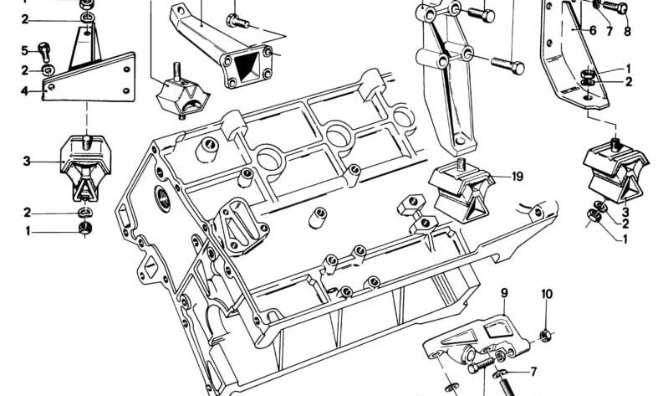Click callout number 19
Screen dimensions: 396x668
(x=517, y=177)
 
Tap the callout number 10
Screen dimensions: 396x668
(x=547, y=294)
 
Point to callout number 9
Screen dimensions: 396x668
(x=504, y=293)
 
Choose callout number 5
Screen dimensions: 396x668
(x=24, y=51)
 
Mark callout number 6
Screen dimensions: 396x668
(x=592, y=30)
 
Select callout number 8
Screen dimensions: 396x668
(x=627, y=32)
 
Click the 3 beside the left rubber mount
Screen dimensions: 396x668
(x=26, y=161)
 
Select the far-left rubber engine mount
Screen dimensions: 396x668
(x=84, y=169)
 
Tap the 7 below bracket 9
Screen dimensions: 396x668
(x=533, y=372)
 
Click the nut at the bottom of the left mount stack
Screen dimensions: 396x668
(x=84, y=229)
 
